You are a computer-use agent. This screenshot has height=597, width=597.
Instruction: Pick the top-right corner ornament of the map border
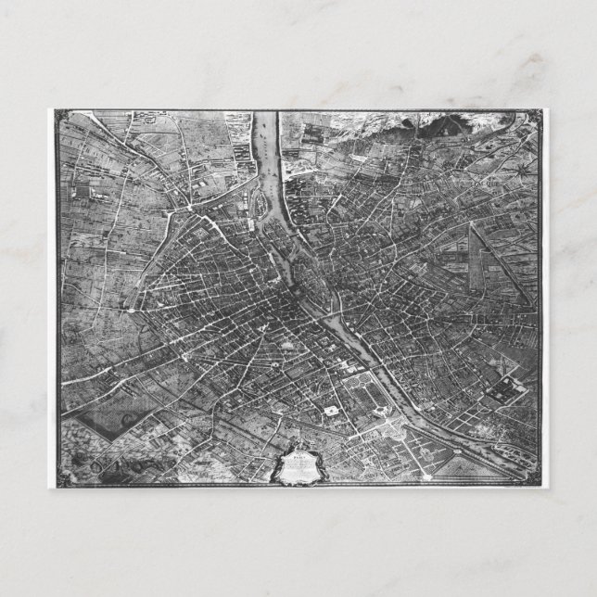click(536, 115)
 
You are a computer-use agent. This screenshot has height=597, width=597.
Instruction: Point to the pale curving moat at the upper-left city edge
click(168, 218)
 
